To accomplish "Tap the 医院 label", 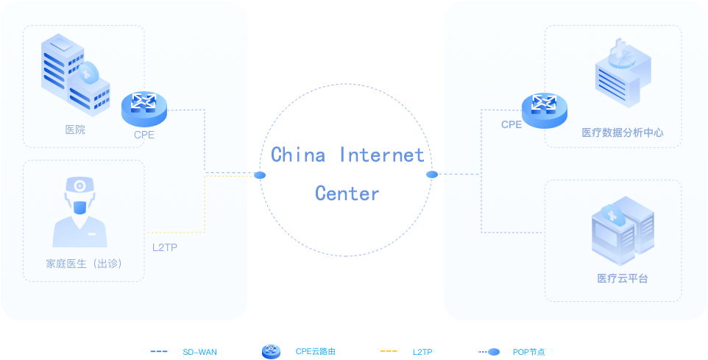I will click(75, 130).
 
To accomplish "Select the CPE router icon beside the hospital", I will click(144, 107).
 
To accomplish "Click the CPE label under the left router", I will click(144, 135).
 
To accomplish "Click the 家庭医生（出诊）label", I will click(82, 264).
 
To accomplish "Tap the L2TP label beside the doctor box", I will click(165, 247).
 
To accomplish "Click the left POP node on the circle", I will click(260, 175).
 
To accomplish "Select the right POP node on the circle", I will click(432, 174).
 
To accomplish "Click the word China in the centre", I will click(298, 155).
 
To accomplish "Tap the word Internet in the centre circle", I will click(382, 155).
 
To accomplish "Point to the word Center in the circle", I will click(347, 194).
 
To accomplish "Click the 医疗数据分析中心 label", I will click(623, 133).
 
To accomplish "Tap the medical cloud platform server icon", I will click(623, 230).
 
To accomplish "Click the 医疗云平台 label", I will click(623, 278).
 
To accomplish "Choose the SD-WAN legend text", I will click(199, 353).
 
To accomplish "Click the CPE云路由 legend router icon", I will click(272, 352).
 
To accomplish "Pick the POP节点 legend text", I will click(529, 353).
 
